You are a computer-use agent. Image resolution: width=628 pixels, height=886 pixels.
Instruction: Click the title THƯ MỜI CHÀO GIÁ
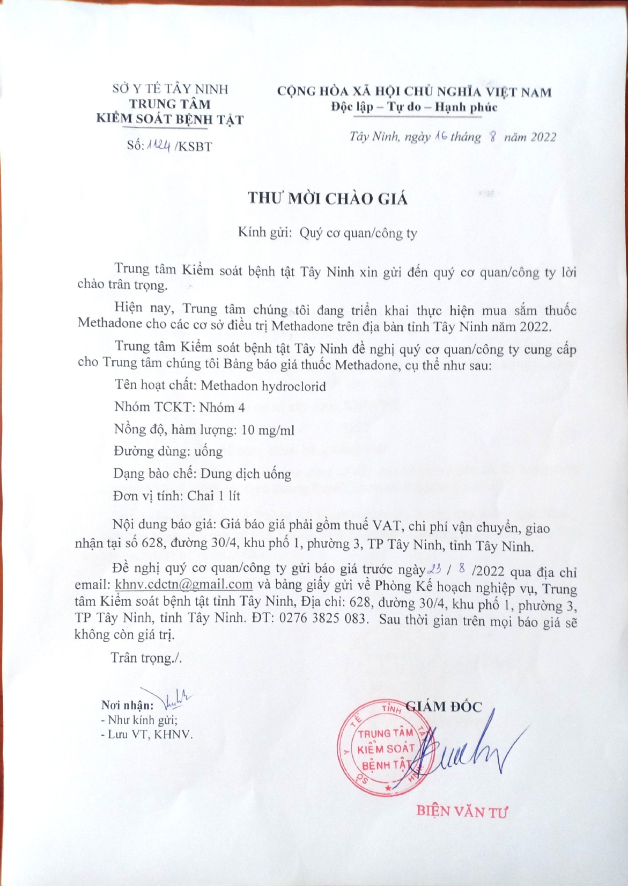328,199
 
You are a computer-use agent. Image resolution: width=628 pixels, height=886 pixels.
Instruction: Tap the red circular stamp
385,748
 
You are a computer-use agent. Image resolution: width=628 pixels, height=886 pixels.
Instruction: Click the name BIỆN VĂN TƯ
461,810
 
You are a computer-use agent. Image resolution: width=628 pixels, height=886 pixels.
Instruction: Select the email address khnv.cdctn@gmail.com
184,584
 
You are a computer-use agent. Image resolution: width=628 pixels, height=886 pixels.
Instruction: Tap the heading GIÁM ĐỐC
444,707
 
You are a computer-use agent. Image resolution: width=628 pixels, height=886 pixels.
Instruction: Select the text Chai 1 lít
213,496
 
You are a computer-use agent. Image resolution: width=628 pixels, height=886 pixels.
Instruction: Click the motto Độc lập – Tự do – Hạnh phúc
414,107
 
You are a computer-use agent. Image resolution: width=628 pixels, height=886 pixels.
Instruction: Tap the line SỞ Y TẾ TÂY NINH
170,89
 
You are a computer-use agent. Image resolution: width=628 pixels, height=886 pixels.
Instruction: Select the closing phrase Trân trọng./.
146,657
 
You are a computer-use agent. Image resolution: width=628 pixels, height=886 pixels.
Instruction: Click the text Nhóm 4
222,408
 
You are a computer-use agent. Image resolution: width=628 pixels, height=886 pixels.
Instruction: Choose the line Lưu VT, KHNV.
147,735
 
